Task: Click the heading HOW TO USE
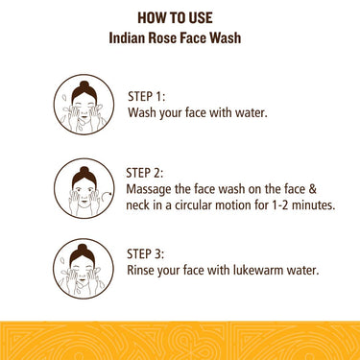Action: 180,17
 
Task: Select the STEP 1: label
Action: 147,96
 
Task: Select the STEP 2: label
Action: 146,172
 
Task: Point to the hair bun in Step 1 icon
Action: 82,84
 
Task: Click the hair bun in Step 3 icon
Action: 82,247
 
